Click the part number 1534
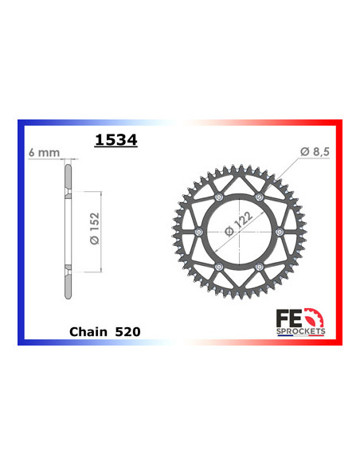(115, 140)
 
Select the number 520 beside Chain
(124, 330)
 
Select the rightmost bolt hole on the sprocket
(279, 232)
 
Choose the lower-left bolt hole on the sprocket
(219, 266)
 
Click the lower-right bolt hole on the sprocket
(259, 266)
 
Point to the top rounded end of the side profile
(68, 162)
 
